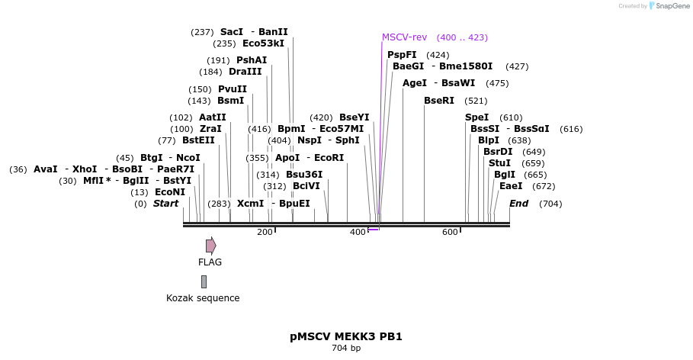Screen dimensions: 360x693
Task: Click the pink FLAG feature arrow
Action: [x=210, y=246]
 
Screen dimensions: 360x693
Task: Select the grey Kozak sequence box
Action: [x=204, y=281]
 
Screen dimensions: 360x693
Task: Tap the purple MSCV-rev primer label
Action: [x=404, y=37]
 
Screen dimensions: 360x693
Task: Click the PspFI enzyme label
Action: [x=402, y=55]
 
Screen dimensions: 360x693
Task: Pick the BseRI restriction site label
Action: [x=438, y=101]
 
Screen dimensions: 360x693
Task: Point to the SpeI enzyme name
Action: [x=476, y=117]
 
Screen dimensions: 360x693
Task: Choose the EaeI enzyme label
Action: [x=511, y=186]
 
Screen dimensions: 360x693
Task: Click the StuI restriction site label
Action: [x=499, y=163]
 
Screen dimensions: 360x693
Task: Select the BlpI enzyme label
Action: [x=489, y=140]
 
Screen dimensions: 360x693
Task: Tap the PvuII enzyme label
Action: [x=233, y=89]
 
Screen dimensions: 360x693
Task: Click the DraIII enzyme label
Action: [x=245, y=72]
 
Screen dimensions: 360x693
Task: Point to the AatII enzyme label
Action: [x=213, y=117]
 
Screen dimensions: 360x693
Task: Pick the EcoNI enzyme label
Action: [x=170, y=192]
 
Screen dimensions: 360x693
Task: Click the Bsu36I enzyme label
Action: [x=304, y=175]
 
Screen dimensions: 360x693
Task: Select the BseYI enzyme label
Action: [x=354, y=117]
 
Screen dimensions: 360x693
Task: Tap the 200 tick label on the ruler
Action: [x=265, y=233]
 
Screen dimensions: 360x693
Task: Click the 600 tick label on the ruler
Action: [x=450, y=233]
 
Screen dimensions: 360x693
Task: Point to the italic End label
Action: [x=518, y=204]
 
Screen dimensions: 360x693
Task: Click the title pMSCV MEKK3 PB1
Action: [x=346, y=336]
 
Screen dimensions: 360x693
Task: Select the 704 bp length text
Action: [x=346, y=349]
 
